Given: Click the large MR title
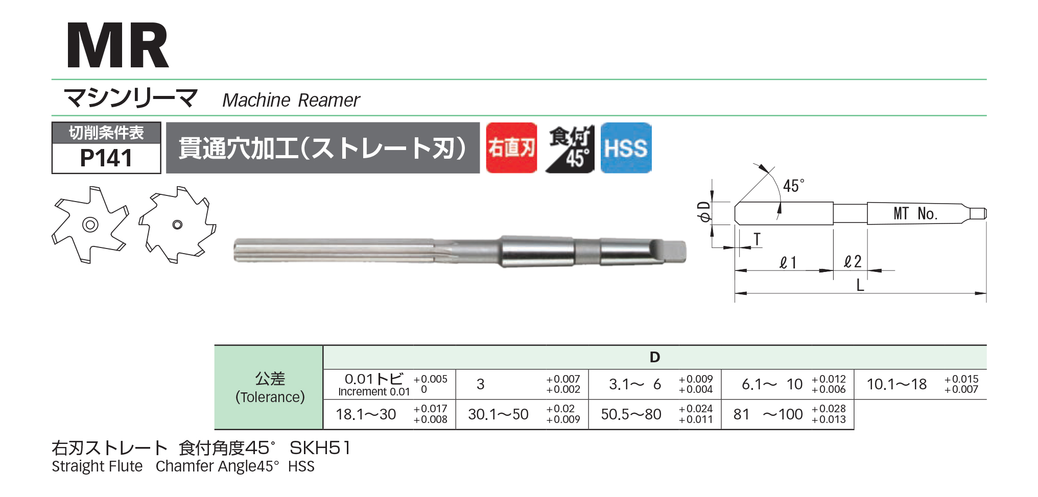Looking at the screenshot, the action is click(117, 46).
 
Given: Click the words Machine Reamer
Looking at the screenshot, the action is click(291, 101).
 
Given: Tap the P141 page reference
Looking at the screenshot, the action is click(106, 158).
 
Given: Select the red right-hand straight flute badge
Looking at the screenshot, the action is click(511, 148).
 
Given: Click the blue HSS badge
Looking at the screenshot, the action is click(626, 148).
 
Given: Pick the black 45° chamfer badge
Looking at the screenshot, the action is click(569, 148).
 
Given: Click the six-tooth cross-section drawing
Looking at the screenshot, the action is click(90, 225).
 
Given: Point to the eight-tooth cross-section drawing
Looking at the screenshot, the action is click(177, 225).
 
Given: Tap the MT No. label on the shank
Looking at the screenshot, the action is click(915, 213).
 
